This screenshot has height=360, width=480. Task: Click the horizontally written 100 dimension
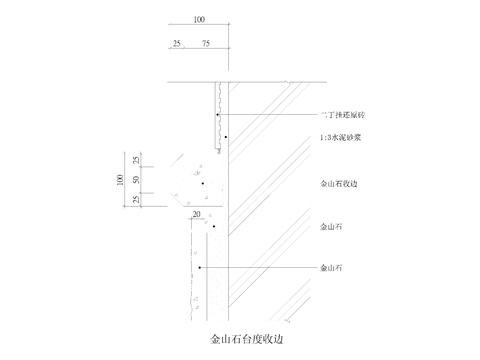pos(198,19)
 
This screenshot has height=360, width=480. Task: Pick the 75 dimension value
pos(206,43)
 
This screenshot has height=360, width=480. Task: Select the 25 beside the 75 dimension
pos(178,43)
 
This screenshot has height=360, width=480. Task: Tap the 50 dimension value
pos(136,179)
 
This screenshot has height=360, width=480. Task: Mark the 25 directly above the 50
pos(136,160)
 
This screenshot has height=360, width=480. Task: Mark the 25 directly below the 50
pos(136,200)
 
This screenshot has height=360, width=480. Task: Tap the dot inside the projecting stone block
pos(201,184)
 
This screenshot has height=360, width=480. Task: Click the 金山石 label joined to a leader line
pos(331,268)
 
